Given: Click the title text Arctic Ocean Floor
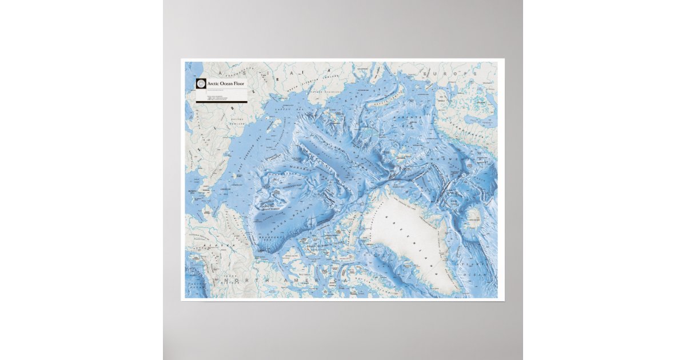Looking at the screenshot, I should [x=226, y=84].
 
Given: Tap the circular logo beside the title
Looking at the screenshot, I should [x=201, y=84].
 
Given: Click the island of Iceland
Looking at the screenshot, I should [x=474, y=215].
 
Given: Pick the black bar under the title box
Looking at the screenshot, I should [x=221, y=102].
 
